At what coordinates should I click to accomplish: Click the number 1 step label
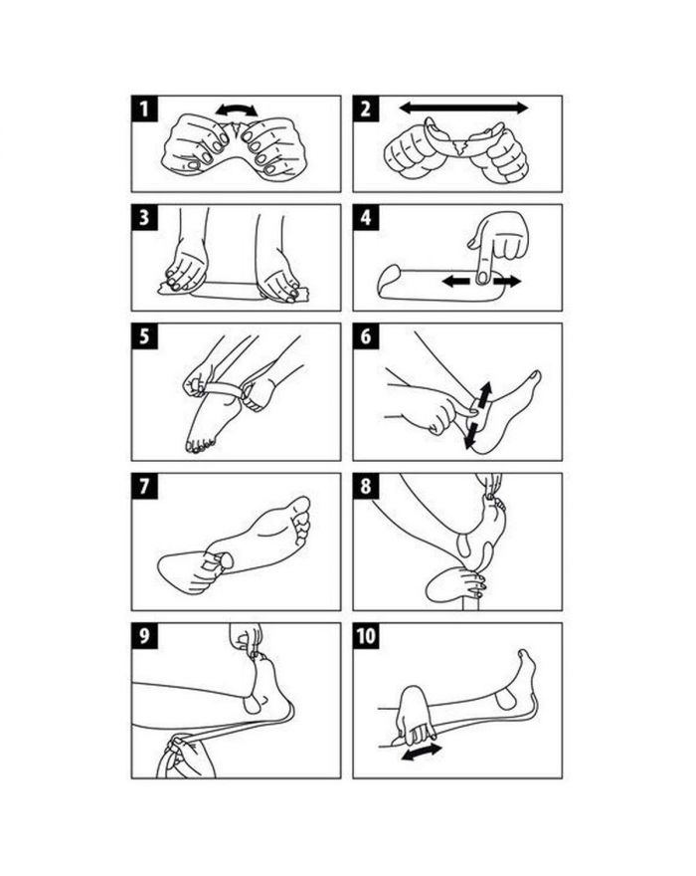144,109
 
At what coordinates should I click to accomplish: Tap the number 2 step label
366,109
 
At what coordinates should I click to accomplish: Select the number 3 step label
144,217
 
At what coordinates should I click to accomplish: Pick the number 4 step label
366,217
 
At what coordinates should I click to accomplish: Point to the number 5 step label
144,336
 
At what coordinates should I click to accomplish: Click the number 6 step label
366,336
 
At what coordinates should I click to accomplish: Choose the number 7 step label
144,486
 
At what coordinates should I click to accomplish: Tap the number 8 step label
366,486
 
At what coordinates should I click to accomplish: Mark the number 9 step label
144,636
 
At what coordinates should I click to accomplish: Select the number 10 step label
366,636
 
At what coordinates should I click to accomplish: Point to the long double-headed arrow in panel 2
463,108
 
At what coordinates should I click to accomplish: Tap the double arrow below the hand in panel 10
422,752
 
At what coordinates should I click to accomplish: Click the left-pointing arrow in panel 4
456,282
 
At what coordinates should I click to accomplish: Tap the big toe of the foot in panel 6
535,376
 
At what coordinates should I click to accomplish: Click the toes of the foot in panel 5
200,446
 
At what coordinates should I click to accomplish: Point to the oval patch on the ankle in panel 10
506,699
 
